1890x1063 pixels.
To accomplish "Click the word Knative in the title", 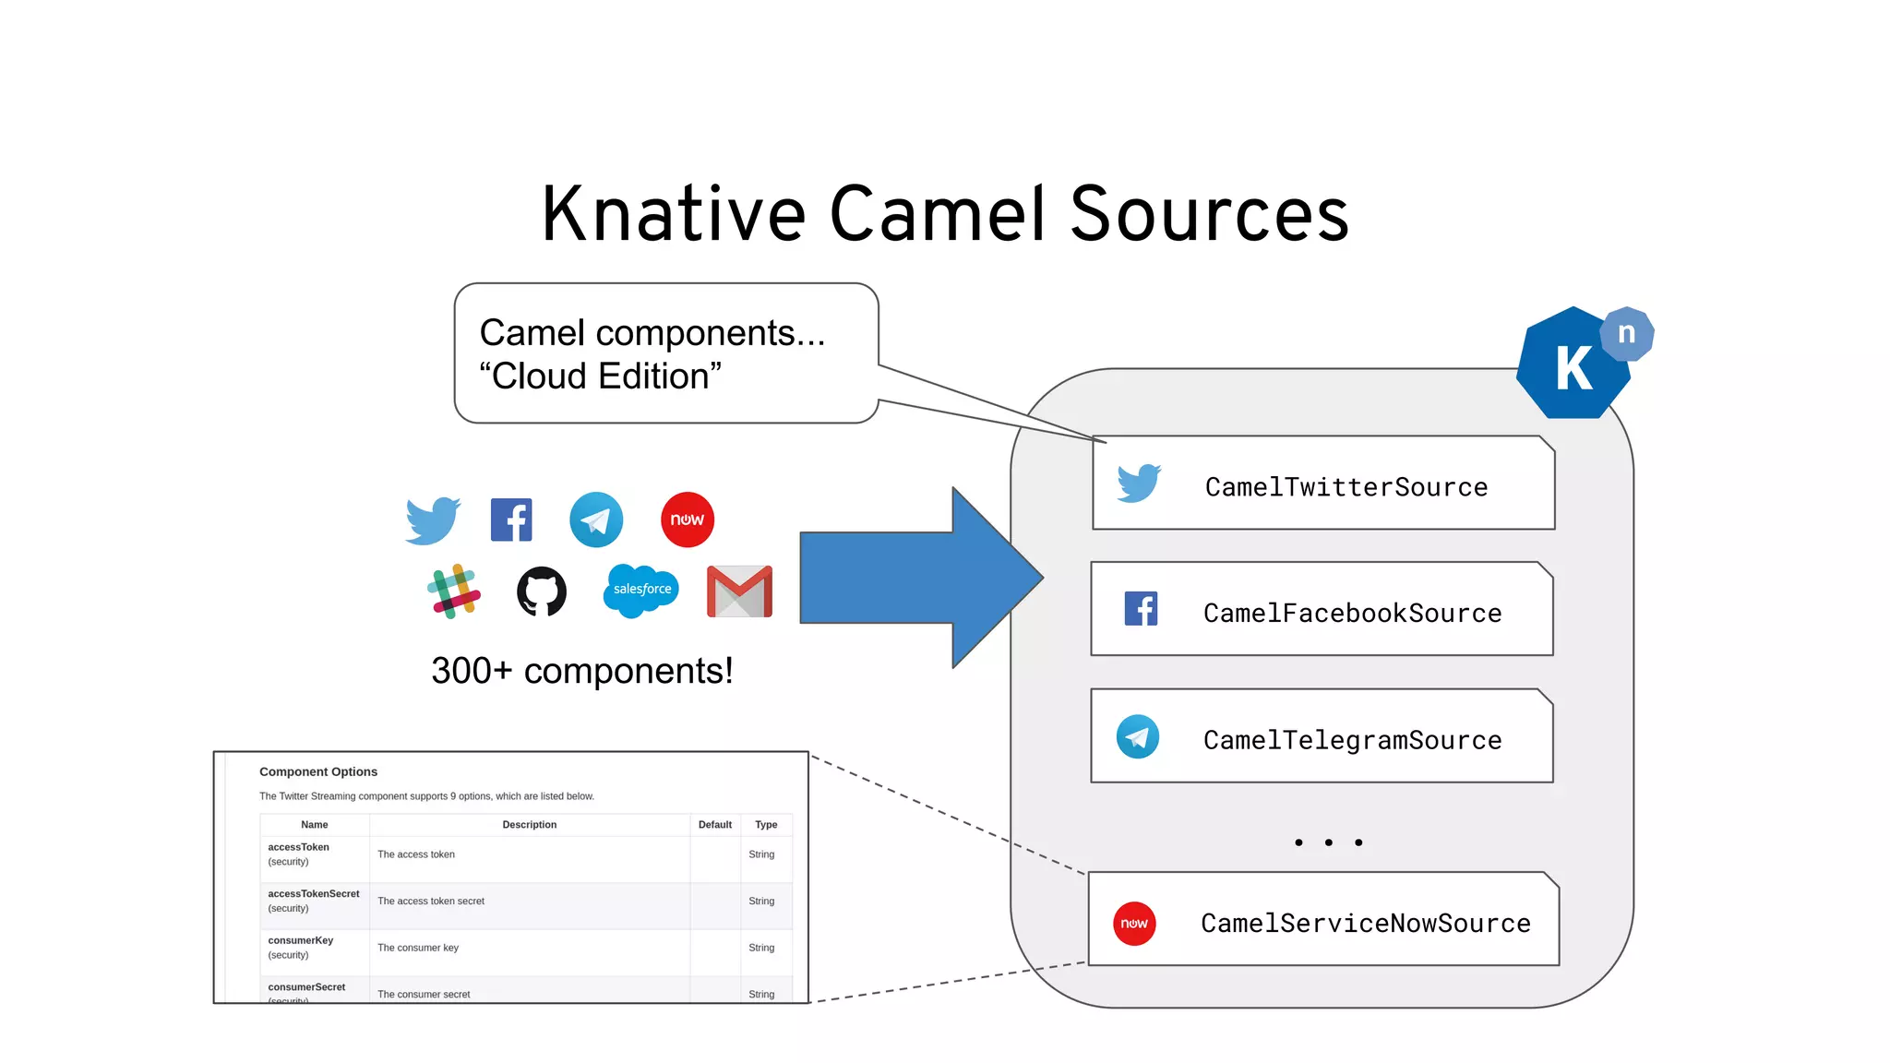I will tap(673, 214).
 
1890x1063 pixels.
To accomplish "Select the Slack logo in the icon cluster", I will tap(453, 591).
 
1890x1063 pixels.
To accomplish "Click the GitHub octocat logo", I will tap(542, 591).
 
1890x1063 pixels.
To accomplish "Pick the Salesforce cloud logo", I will tap(641, 590).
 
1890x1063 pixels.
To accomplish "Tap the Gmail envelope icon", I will tap(739, 591).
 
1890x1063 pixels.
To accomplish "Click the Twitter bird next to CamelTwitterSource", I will tap(1139, 483).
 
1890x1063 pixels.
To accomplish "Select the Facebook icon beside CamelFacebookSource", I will tap(1141, 609).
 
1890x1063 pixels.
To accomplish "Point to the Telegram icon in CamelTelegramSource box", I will tap(1138, 736).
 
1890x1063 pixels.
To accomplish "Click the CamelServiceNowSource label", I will tap(1365, 923).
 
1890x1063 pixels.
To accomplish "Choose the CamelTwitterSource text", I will tap(1346, 486).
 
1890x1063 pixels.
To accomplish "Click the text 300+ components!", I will tap(581, 671).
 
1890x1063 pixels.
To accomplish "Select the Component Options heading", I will tap(318, 771).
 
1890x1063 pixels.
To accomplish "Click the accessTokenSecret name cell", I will tap(314, 894).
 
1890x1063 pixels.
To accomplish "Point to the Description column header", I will tap(529, 825).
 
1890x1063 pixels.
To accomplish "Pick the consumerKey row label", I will tap(301, 940).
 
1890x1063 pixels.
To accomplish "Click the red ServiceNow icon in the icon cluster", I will tap(688, 520).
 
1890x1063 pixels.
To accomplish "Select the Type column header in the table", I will tap(766, 825).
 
